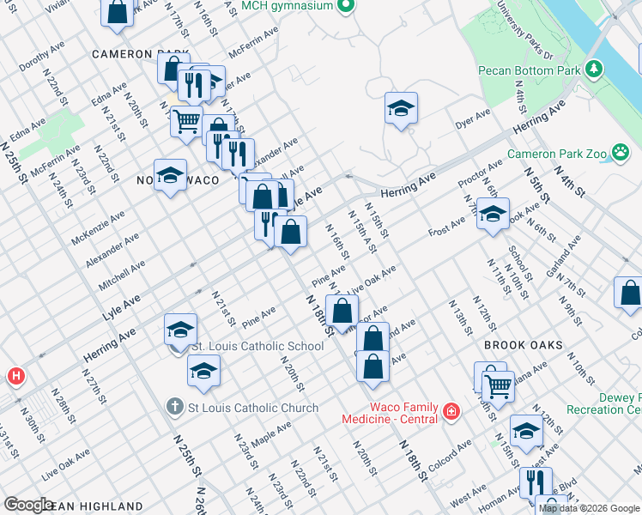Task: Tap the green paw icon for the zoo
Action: click(621, 154)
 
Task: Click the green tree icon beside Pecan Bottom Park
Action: click(593, 68)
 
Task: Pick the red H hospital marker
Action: click(15, 376)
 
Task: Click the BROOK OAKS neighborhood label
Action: click(523, 345)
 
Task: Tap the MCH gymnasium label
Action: click(288, 6)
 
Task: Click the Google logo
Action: click(29, 505)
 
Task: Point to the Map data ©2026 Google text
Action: click(590, 508)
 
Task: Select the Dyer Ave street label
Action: click(473, 119)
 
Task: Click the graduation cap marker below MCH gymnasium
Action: click(400, 108)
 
